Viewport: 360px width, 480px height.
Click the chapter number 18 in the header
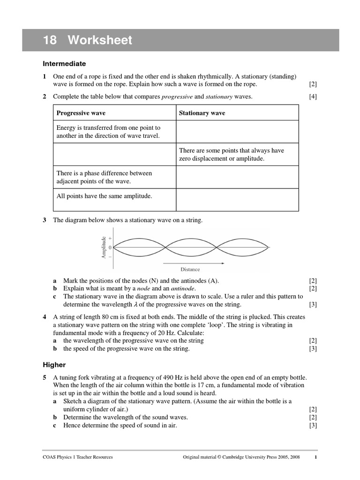point(50,40)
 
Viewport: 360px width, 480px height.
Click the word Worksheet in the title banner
point(99,40)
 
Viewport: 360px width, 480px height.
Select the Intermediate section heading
point(64,63)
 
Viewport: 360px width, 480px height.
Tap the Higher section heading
point(54,364)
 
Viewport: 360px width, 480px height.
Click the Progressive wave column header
point(81,113)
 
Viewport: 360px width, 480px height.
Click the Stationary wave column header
point(202,113)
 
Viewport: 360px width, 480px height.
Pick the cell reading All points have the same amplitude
point(104,196)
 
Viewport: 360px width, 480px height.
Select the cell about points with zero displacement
point(232,154)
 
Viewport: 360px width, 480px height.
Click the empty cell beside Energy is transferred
point(237,132)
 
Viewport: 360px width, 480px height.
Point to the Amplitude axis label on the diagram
point(104,247)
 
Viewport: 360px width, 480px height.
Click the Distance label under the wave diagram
point(190,269)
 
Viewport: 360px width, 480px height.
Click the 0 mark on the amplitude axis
point(110,247)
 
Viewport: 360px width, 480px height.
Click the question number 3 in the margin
point(45,220)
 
